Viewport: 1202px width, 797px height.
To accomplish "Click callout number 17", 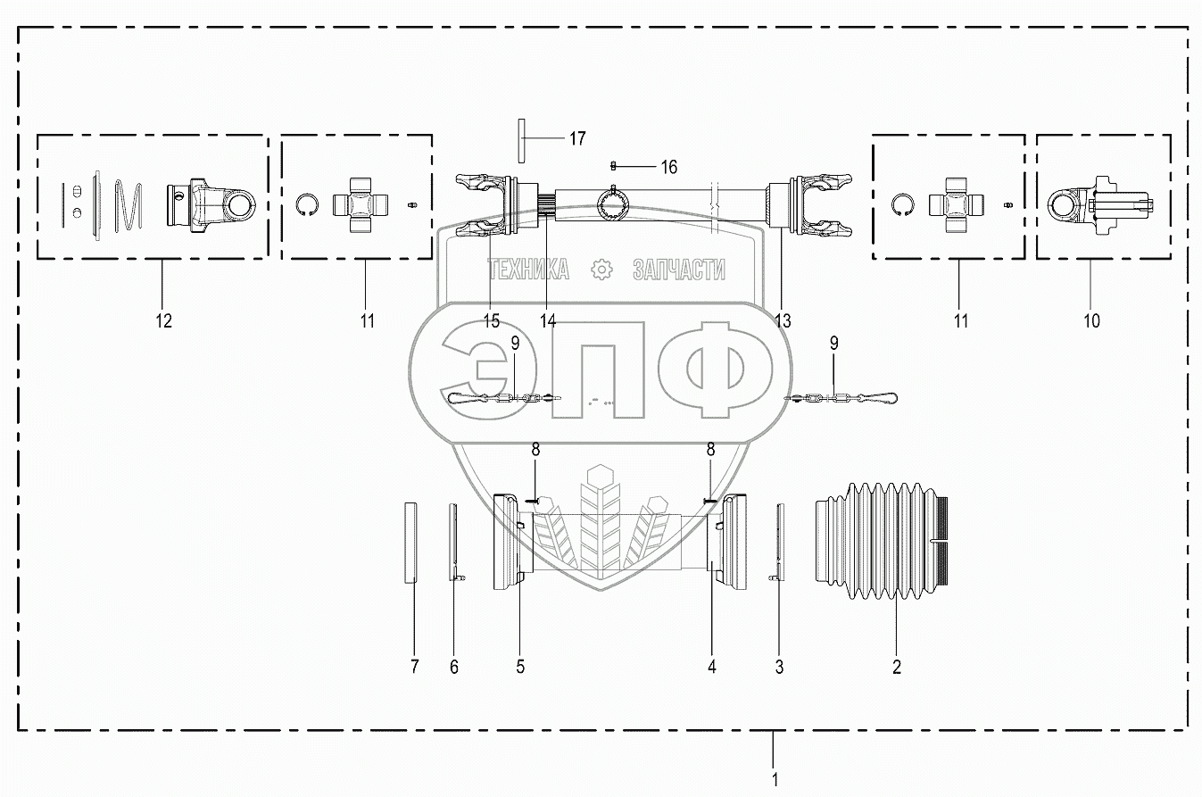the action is (577, 138).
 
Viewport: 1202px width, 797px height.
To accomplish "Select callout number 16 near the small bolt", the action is (668, 166).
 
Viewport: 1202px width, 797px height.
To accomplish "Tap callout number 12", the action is (162, 320).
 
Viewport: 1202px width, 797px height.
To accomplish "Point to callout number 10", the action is (1090, 320).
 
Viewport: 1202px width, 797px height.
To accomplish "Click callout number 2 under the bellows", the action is (897, 666).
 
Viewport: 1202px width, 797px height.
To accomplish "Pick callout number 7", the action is (414, 666).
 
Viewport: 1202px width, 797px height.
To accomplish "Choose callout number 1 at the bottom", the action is (774, 779).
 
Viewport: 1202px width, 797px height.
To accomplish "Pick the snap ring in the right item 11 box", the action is (902, 205).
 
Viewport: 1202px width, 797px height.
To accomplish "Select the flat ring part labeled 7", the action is (411, 542).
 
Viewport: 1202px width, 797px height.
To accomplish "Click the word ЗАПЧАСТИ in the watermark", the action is (678, 270).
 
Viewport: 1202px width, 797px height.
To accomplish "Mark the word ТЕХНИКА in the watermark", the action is (527, 270).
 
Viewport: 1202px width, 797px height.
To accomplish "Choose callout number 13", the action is (783, 321).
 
